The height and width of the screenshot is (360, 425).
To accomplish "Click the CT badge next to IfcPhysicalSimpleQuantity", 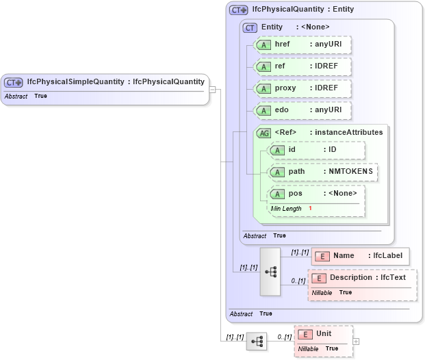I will pyautogui.click(x=14, y=82).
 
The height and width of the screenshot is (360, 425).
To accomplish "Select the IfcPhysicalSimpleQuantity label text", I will pyautogui.click(x=76, y=82).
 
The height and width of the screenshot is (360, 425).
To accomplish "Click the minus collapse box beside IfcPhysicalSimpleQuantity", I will pyautogui.click(x=213, y=90).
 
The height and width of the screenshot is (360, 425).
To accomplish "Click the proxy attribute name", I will pyautogui.click(x=285, y=88).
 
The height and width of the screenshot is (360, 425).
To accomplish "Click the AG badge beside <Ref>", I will pyautogui.click(x=263, y=133).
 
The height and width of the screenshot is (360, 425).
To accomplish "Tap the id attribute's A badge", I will pyautogui.click(x=277, y=150).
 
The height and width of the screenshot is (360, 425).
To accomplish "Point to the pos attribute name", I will pyautogui.click(x=295, y=194).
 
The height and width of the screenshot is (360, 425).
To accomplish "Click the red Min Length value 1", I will pyautogui.click(x=310, y=208).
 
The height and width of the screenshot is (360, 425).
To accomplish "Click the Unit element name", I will pyautogui.click(x=324, y=333).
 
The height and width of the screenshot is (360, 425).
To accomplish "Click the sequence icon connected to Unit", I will pyautogui.click(x=257, y=341).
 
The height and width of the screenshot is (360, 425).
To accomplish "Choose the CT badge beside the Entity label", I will pyautogui.click(x=250, y=27).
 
